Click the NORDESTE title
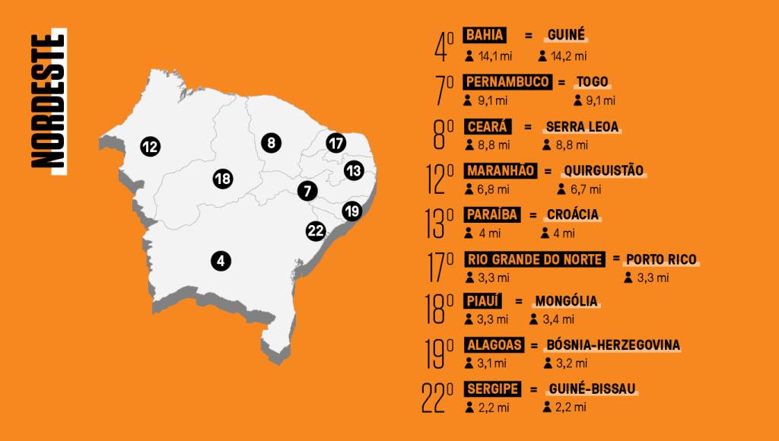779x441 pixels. tap(48, 99)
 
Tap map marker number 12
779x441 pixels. tap(150, 146)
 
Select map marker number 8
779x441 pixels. tap(270, 142)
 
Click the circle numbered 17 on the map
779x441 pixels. tap(336, 143)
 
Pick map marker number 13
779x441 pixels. tap(353, 170)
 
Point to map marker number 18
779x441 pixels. tap(222, 179)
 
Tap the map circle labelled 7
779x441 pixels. tap(307, 191)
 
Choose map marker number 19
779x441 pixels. tap(351, 211)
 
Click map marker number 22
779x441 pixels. tap(316, 230)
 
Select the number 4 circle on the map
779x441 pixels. tap(221, 261)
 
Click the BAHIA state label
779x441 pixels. tap(484, 36)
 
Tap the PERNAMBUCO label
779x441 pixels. tap(507, 82)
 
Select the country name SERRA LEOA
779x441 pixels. tap(582, 127)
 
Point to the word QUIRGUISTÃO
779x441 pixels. tap(604, 170)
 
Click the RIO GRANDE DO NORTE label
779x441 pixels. tap(535, 259)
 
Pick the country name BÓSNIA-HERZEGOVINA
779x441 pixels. tap(613, 345)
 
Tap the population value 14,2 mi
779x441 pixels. tap(570, 56)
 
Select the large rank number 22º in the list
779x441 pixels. tap(437, 396)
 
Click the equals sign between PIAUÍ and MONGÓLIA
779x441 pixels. tap(519, 302)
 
